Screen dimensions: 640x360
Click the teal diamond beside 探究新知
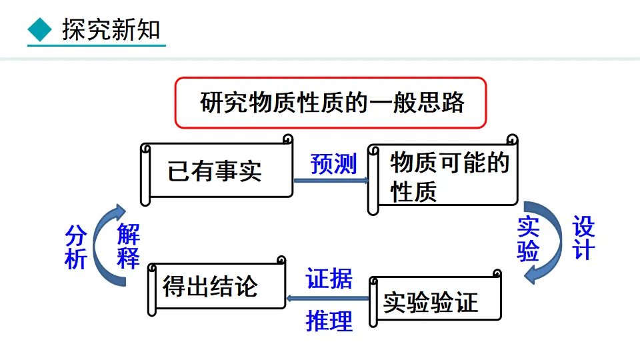point(41,30)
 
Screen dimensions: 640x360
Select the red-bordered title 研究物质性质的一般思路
point(331,103)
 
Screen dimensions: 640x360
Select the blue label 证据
point(329,278)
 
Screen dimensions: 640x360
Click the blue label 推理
point(329,321)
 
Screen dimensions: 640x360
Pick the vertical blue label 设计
point(582,238)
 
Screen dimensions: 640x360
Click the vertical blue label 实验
point(528,239)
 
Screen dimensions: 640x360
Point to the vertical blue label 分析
point(75,247)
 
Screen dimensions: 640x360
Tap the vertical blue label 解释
point(128,246)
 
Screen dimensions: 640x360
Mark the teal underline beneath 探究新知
point(96,46)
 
